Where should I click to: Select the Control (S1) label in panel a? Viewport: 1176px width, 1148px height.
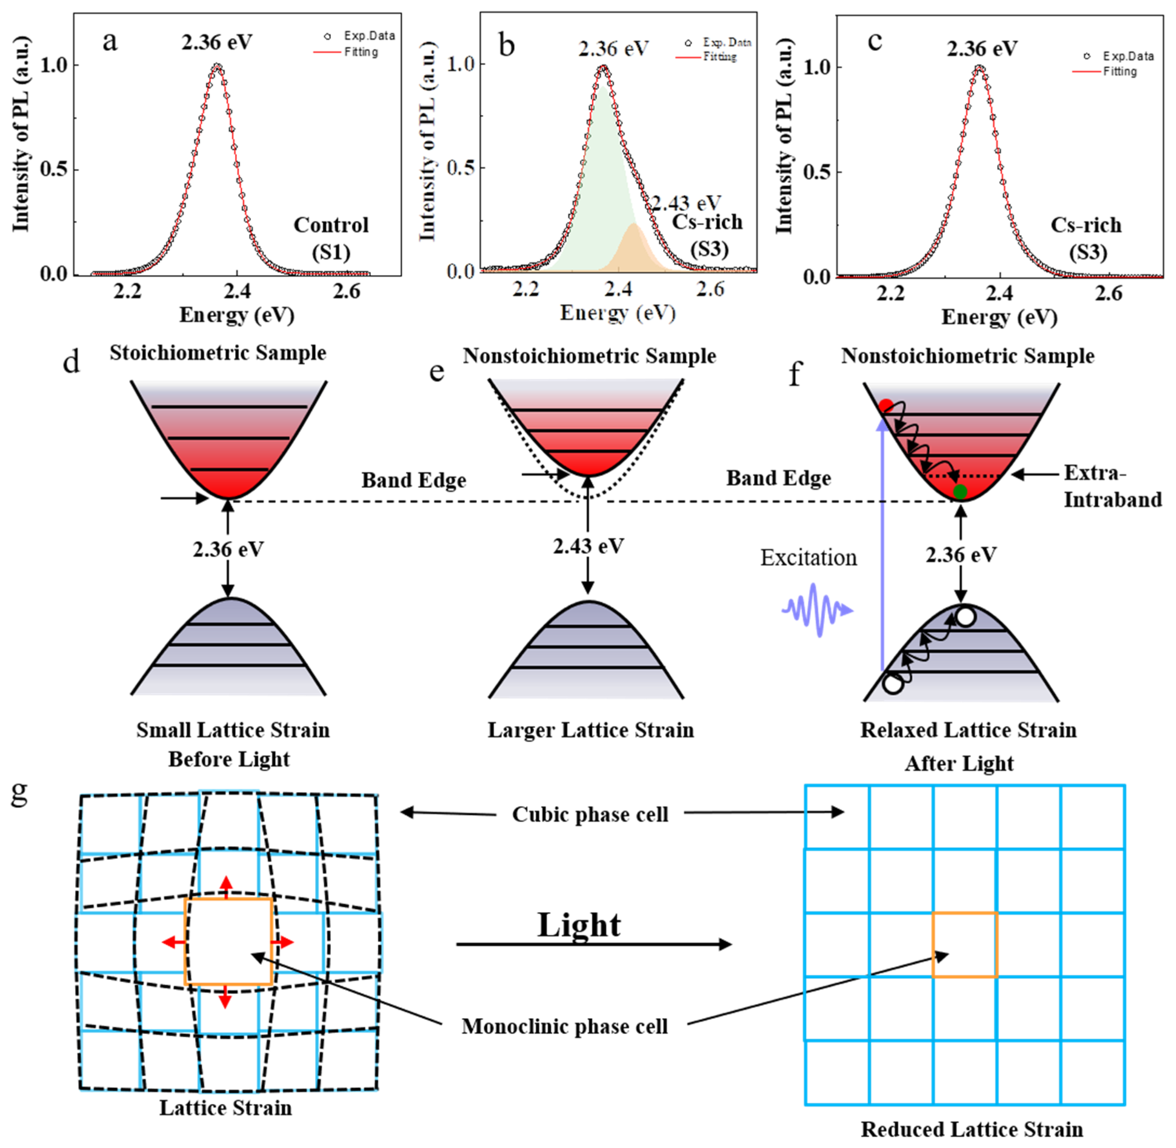tap(331, 238)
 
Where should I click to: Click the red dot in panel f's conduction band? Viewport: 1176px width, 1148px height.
tap(886, 405)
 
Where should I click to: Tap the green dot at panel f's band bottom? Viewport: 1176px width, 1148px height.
tap(960, 492)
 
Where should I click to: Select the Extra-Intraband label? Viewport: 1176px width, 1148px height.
tap(1112, 486)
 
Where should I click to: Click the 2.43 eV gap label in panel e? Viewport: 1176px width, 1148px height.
tap(588, 546)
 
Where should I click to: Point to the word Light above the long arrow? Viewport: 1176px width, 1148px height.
tap(579, 925)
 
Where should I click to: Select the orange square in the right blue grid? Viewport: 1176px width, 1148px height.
tap(964, 945)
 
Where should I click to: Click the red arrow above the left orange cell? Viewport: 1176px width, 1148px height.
tap(226, 886)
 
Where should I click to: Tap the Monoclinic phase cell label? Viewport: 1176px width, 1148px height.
tap(565, 1026)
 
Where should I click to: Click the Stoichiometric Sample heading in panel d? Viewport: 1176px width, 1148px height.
tap(218, 353)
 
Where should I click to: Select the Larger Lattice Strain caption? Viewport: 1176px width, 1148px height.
tap(591, 730)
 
